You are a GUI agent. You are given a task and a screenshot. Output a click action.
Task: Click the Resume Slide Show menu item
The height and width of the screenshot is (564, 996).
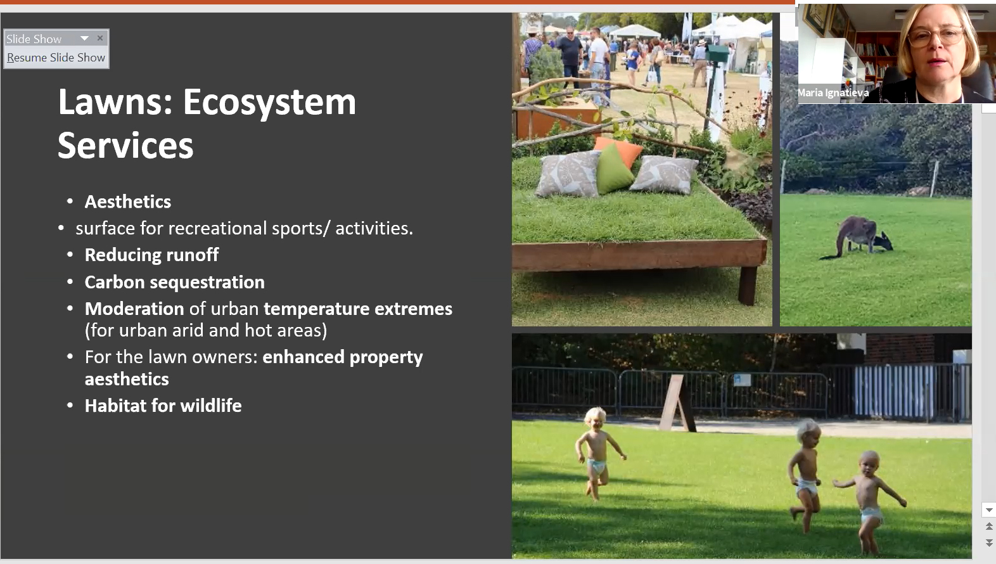coord(56,58)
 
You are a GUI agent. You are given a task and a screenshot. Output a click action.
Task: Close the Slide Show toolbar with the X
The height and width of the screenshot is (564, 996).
coord(100,38)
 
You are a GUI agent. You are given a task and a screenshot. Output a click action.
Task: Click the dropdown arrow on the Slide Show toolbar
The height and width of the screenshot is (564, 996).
coord(84,38)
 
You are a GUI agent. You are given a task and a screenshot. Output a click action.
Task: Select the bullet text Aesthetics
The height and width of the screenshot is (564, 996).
coord(127,202)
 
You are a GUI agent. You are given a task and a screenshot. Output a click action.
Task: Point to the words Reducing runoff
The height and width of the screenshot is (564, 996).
coord(151,255)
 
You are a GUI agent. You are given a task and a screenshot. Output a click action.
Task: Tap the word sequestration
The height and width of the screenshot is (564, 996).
coord(207,283)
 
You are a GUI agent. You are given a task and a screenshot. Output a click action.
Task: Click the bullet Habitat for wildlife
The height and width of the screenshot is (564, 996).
coord(163,406)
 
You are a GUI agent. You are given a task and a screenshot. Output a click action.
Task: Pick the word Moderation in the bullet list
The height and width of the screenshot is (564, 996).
coord(134,309)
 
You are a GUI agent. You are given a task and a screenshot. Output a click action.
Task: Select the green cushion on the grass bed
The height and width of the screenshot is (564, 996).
coord(615,169)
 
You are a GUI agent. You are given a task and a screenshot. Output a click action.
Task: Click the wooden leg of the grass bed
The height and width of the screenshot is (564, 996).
coord(748,285)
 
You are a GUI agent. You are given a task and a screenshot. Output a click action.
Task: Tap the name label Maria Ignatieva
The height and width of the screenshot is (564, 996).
coord(833,93)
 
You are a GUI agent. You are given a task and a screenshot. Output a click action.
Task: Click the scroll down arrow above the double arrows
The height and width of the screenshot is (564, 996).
coord(989,510)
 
